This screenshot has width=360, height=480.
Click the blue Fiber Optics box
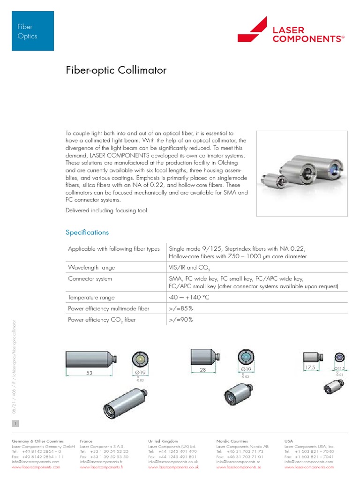pos(32,31)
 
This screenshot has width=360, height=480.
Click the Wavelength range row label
pos(91,268)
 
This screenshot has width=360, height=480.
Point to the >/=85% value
pos(180,308)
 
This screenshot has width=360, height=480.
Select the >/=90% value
pos(180,320)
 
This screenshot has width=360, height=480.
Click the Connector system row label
pos(90,279)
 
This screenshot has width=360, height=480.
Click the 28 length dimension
pos(203,370)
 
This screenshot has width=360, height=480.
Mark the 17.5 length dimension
pos(310,368)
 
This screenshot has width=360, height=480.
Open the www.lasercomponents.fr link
pos(101,467)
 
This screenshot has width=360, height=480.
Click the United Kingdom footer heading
pos(163,441)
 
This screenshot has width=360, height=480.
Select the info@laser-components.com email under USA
pos(308,462)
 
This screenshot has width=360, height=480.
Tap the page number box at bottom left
pos(15,423)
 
